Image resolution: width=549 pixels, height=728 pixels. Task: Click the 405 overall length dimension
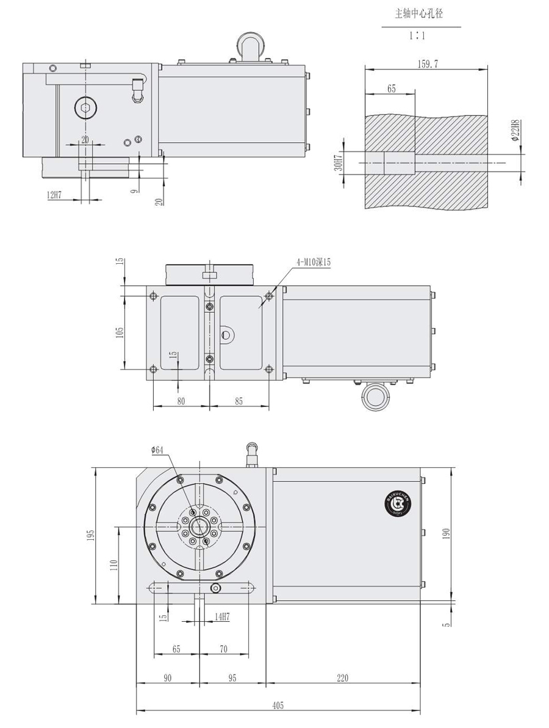pyautogui.click(x=278, y=705)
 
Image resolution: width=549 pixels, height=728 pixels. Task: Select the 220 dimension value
pyautogui.click(x=342, y=677)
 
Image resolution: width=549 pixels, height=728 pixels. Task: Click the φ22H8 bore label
pyautogui.click(x=515, y=131)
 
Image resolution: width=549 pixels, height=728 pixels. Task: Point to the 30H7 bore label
pyautogui.click(x=339, y=162)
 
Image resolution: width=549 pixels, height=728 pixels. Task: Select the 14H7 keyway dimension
pyautogui.click(x=221, y=617)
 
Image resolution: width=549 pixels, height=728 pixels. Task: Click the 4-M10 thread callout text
pyautogui.click(x=314, y=262)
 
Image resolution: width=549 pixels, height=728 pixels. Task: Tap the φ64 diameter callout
pyautogui.click(x=157, y=450)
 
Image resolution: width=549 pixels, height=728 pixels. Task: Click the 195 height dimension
pyautogui.click(x=91, y=535)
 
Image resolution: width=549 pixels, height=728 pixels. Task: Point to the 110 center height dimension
pyautogui.click(x=113, y=566)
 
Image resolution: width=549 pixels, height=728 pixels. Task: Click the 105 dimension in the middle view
pyautogui.click(x=120, y=332)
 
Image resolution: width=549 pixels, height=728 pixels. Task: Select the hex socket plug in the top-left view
pyautogui.click(x=85, y=109)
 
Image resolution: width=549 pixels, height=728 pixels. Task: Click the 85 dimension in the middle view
pyautogui.click(x=239, y=401)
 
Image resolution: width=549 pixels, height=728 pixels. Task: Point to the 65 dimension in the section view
pyautogui.click(x=391, y=89)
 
